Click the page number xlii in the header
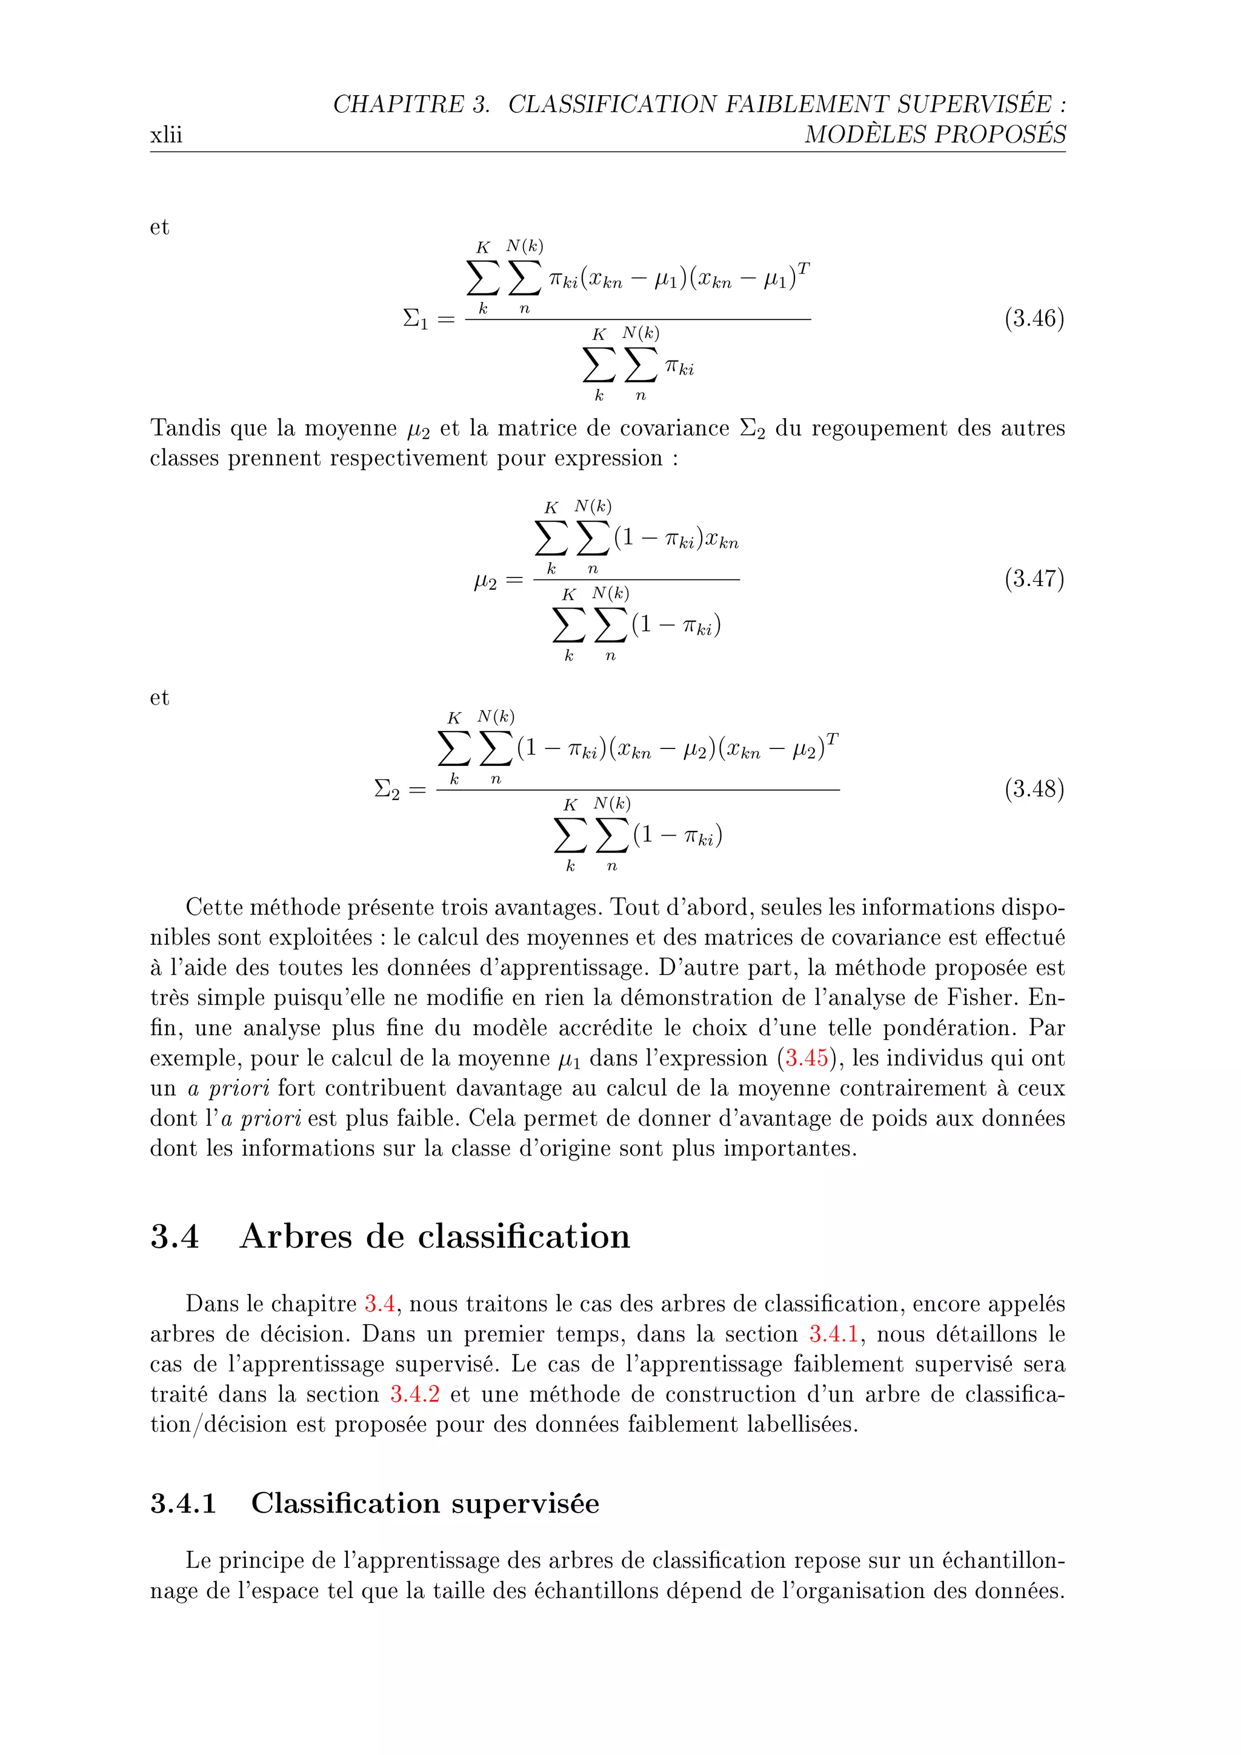(166, 135)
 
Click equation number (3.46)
(1034, 318)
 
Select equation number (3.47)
(1034, 579)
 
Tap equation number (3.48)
(1034, 789)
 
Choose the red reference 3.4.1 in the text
(834, 1334)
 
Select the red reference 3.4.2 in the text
(415, 1395)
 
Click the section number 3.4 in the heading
(175, 1237)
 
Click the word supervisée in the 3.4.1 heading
(525, 1504)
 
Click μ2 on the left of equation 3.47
(485, 582)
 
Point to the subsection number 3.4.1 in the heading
(184, 1504)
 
